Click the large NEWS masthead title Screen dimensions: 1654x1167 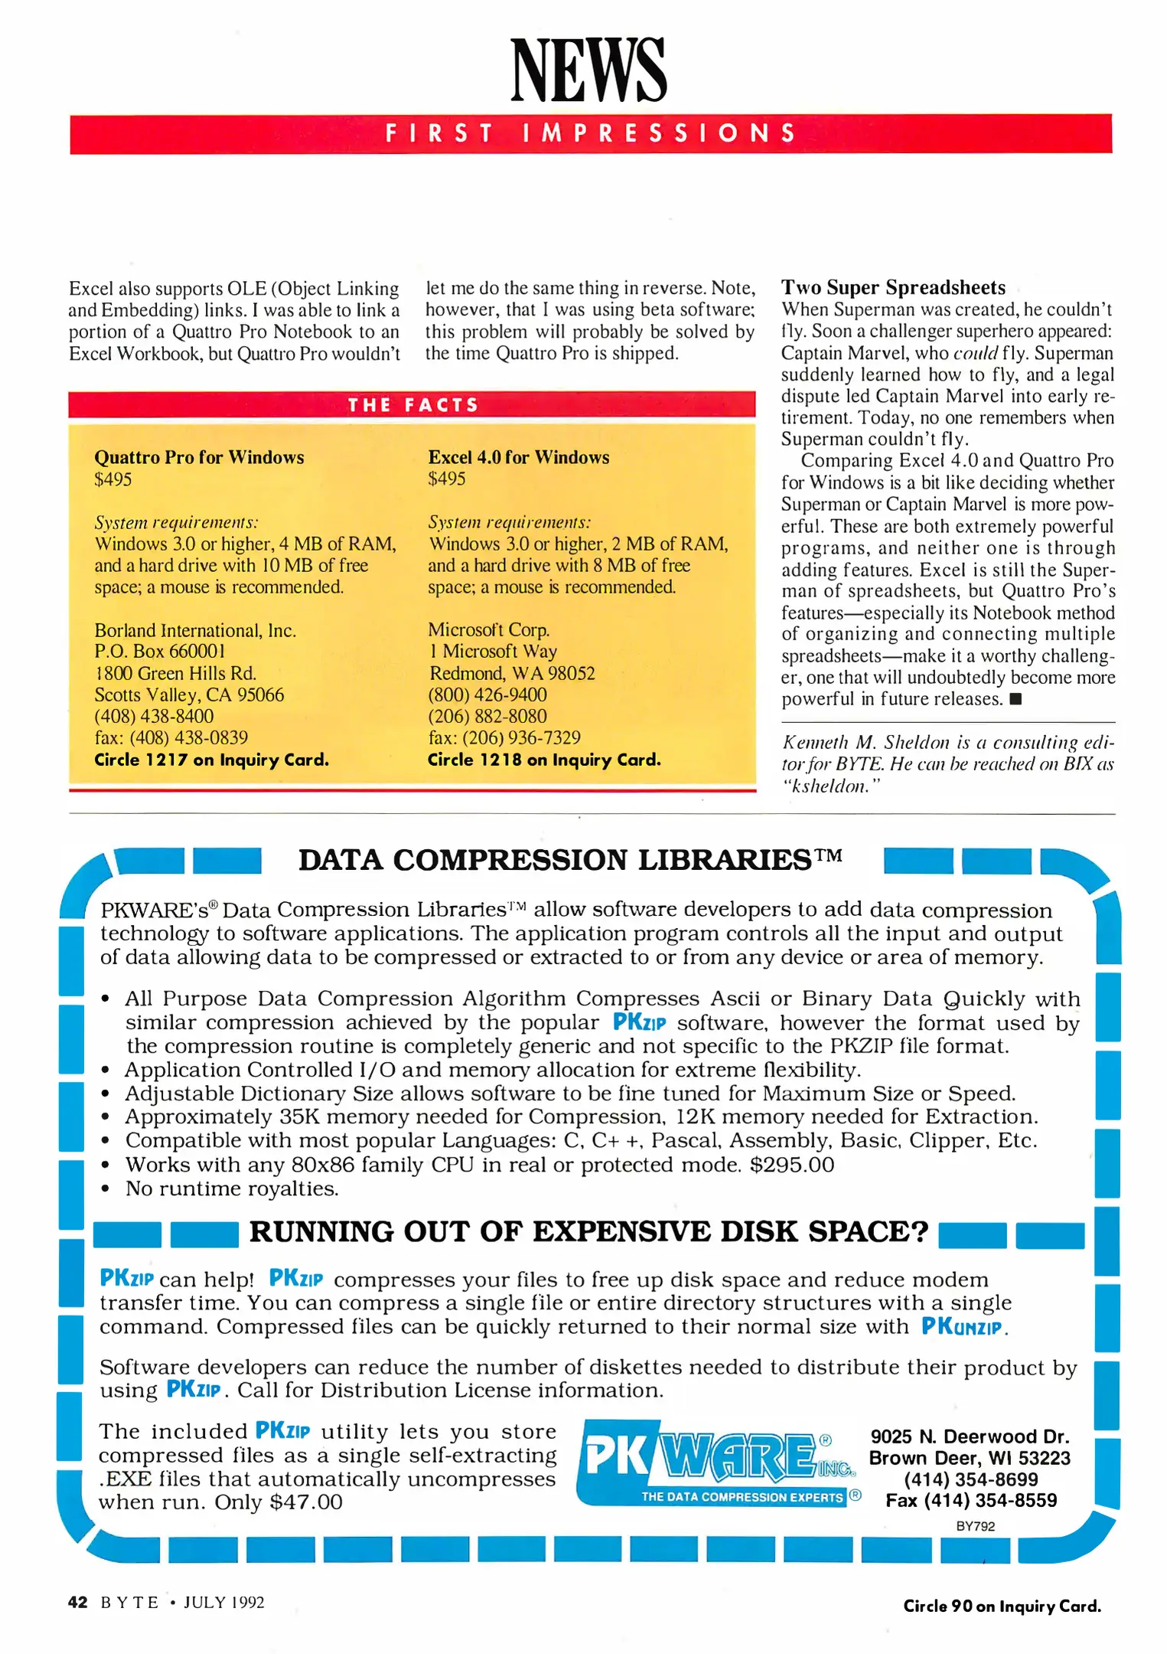(x=588, y=70)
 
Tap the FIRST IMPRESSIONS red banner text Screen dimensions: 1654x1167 (x=590, y=134)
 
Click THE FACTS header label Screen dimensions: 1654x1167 (x=412, y=405)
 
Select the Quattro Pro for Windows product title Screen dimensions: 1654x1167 (x=199, y=457)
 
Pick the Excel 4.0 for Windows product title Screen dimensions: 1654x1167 (x=518, y=457)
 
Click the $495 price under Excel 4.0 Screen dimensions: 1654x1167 (x=446, y=479)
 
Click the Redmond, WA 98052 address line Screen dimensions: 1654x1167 (x=511, y=674)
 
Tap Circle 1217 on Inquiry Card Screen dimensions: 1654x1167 (x=211, y=760)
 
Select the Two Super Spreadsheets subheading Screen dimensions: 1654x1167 (x=892, y=288)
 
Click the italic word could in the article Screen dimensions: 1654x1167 (x=976, y=354)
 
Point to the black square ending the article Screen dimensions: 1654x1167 (x=1015, y=699)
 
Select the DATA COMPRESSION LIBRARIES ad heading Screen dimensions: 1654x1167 (x=569, y=860)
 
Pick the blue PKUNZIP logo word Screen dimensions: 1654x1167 (x=963, y=1327)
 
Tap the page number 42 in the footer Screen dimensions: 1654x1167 (x=77, y=1602)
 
